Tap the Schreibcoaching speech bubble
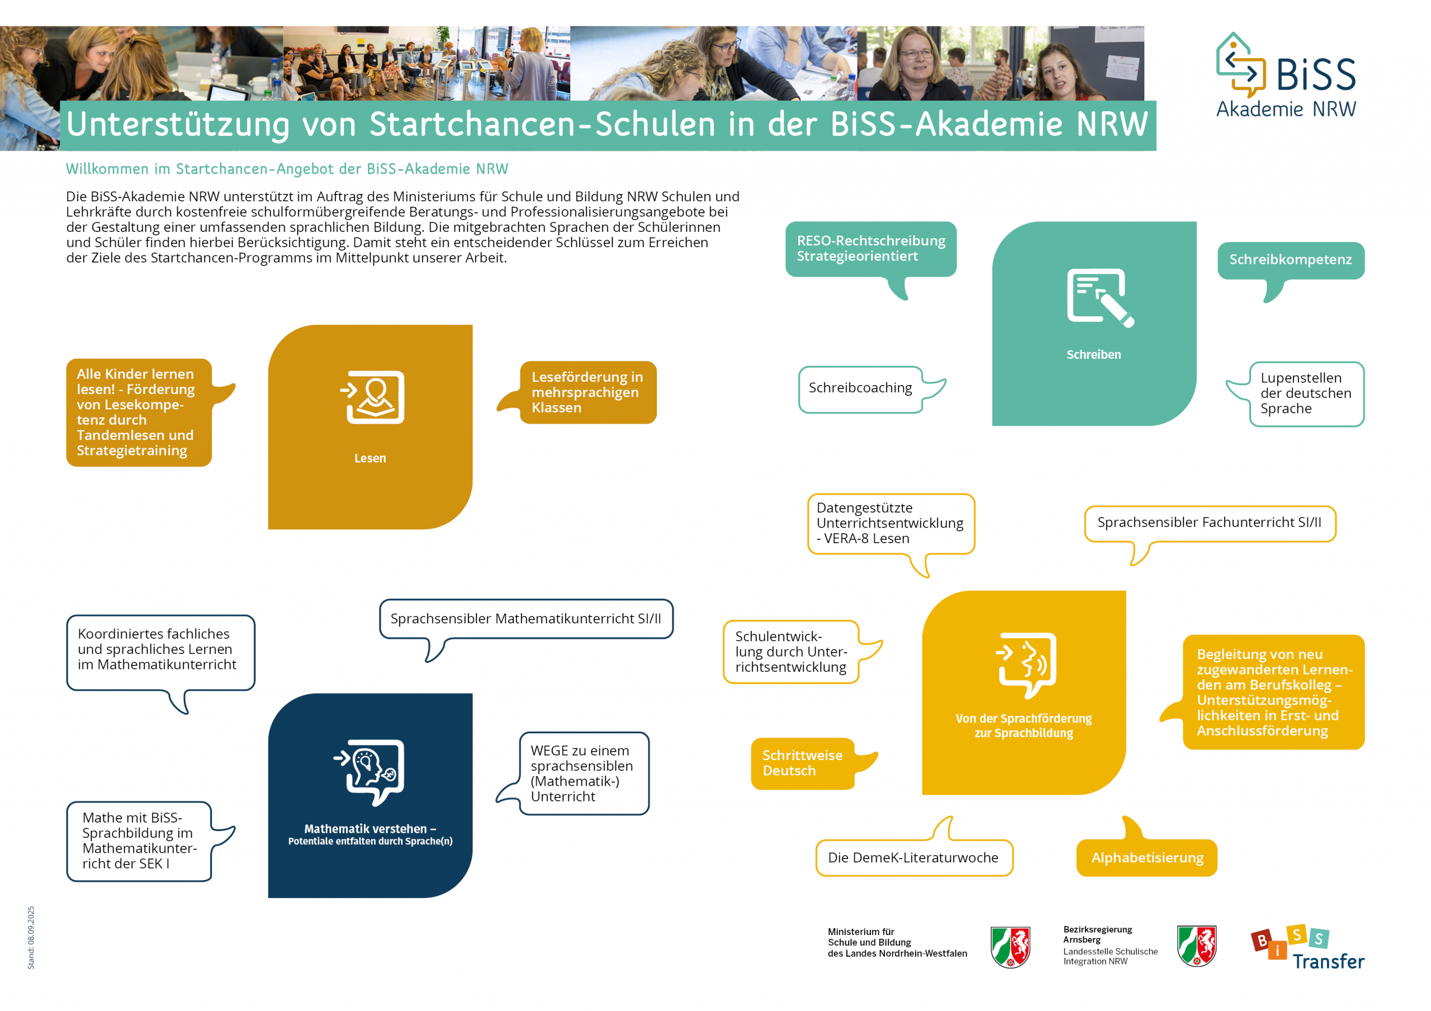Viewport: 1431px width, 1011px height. [x=860, y=388]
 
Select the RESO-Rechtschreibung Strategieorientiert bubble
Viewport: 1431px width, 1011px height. [x=871, y=249]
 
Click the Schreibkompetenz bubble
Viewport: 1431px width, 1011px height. [x=1290, y=260]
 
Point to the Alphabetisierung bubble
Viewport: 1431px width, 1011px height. [x=1147, y=858]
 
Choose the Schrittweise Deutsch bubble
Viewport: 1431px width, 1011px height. [x=802, y=763]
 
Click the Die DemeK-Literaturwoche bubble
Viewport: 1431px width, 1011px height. [x=913, y=858]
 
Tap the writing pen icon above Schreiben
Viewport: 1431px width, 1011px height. [x=1100, y=298]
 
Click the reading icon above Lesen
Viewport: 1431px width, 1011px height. [x=375, y=397]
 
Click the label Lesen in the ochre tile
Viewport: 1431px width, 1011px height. [x=370, y=458]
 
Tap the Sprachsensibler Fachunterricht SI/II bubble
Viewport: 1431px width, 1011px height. [x=1209, y=523]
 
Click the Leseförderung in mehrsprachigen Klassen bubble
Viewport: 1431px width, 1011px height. [x=587, y=393]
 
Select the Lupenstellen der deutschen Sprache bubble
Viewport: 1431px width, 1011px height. [x=1306, y=393]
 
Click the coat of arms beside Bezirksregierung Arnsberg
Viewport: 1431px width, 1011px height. [x=1196, y=946]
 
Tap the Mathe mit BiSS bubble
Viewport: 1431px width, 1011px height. [x=139, y=841]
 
